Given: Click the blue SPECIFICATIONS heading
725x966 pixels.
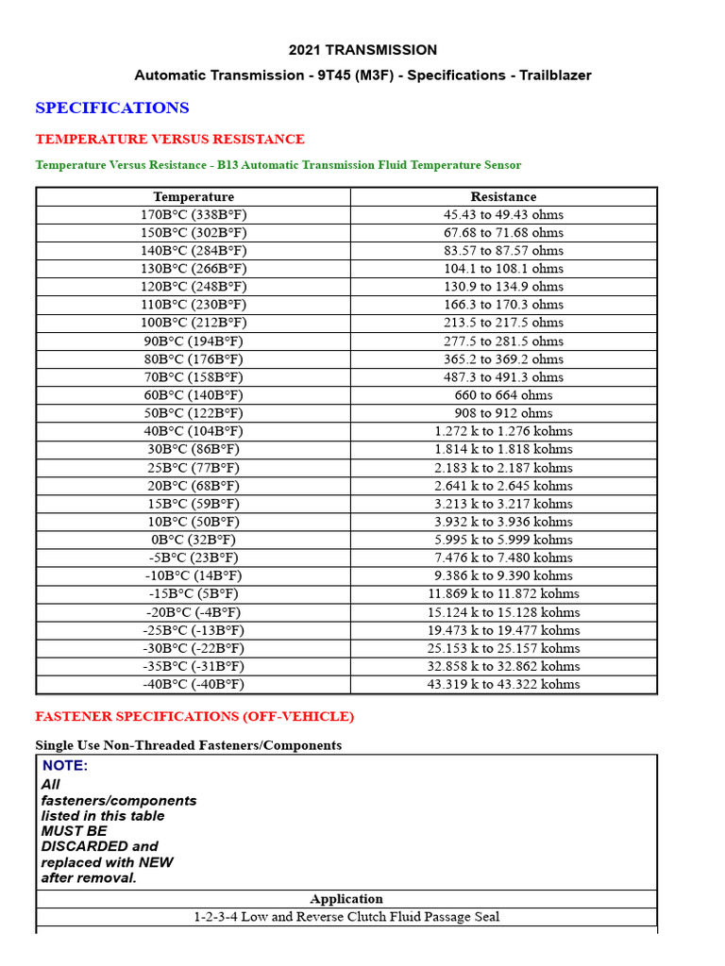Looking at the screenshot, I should (x=112, y=108).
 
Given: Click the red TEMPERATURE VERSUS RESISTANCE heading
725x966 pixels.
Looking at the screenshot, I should (x=170, y=139).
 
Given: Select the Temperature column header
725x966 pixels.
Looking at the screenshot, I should (x=194, y=196).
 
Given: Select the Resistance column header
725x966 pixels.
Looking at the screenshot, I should (x=503, y=196).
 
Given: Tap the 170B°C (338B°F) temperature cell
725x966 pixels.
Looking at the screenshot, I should (x=194, y=214).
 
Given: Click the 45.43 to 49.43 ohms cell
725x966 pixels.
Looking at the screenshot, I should (x=503, y=214).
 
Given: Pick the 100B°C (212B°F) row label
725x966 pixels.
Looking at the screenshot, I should (x=194, y=323).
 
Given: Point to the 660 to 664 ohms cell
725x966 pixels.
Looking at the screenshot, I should (x=503, y=395).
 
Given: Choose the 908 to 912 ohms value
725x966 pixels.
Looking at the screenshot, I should (x=503, y=413).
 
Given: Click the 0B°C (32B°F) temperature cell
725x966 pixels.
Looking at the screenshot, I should (x=194, y=540).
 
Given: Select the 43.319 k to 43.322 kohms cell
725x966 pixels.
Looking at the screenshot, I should (x=503, y=684).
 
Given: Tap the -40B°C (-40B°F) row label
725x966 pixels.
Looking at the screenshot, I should (x=194, y=684).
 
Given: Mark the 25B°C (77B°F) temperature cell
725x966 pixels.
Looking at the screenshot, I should (x=194, y=468).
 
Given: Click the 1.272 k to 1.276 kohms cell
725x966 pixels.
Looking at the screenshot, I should (x=503, y=431).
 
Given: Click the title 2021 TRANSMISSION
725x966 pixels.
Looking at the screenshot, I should (x=362, y=50).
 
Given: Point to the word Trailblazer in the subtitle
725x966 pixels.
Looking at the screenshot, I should (x=555, y=75).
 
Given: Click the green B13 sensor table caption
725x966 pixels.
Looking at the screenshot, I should (x=278, y=165).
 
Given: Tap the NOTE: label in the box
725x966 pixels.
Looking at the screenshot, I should (x=65, y=766).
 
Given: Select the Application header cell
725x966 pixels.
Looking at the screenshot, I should (x=346, y=899).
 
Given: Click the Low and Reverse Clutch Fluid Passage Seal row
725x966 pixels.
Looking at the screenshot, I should (x=346, y=917).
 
